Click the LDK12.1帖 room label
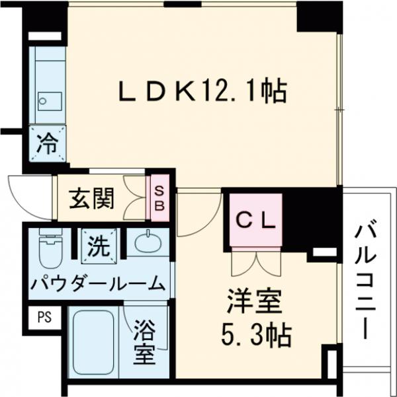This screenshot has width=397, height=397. (202, 91)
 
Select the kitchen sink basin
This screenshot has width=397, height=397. (49, 100)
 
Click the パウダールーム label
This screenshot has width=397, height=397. (97, 284)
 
